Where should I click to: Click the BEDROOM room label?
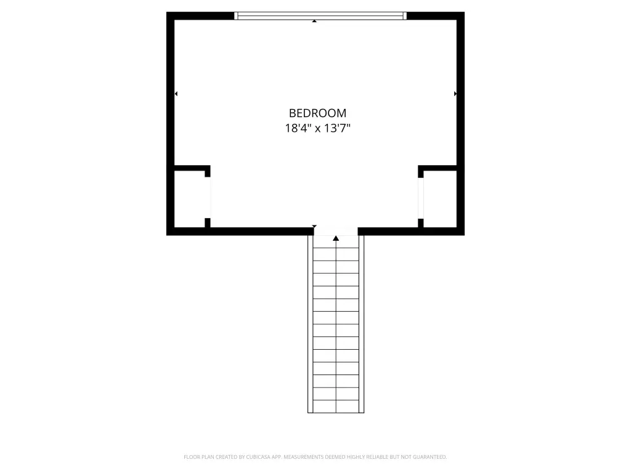tap(317, 113)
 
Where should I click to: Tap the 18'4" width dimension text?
tap(298, 128)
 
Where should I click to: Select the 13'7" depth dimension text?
tap(337, 128)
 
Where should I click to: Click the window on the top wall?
tap(320, 15)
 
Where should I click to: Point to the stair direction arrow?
tap(336, 238)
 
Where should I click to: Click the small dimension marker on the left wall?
tap(176, 94)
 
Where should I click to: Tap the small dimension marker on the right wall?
tap(455, 94)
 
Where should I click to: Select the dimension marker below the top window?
tap(314, 21)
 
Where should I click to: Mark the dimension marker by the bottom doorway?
tap(314, 226)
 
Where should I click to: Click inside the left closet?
tap(190, 199)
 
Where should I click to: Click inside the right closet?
tap(440, 199)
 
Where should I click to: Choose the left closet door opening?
tap(208, 198)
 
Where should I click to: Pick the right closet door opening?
tap(420, 198)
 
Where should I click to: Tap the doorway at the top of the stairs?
tap(336, 232)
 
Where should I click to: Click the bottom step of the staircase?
tap(336, 406)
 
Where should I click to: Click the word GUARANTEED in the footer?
tap(429, 457)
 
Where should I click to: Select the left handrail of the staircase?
tap(311, 324)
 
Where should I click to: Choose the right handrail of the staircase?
tap(361, 324)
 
